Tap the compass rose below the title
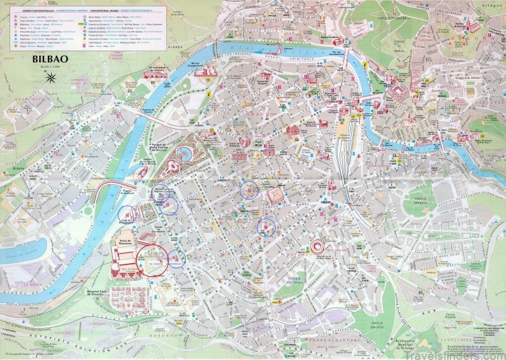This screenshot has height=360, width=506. [51, 78]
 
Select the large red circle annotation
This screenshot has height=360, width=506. [152, 259]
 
